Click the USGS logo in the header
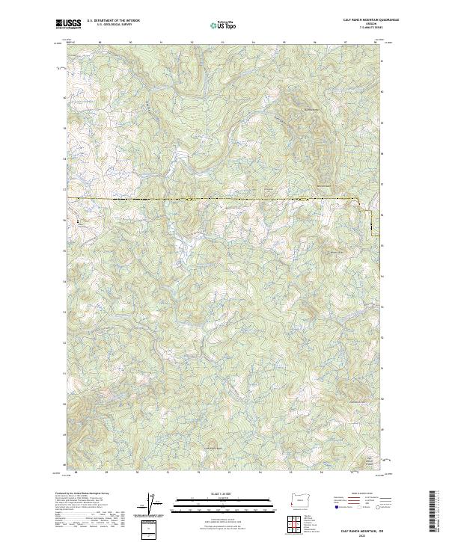coord(68,24)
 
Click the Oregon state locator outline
coord(297,499)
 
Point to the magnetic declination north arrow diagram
coord(153,502)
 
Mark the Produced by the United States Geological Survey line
coord(79,493)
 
